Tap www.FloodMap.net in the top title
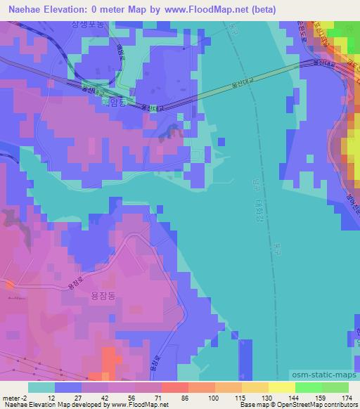pyautogui.click(x=210, y=9)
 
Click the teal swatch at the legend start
pyautogui.click(x=41, y=387)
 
